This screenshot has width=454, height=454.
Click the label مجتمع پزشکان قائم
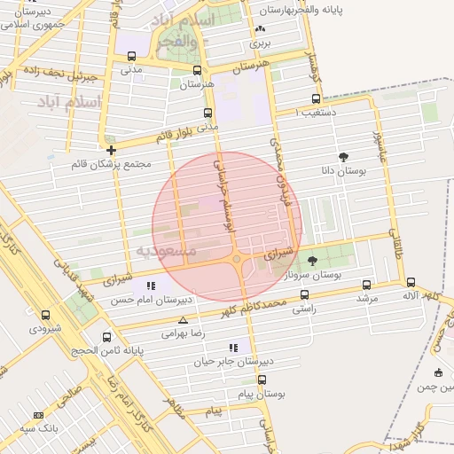click(x=116, y=164)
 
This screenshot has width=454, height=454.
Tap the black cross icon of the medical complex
click(x=111, y=151)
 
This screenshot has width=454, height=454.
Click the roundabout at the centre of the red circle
click(x=237, y=259)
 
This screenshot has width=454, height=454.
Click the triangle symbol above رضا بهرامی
click(x=183, y=320)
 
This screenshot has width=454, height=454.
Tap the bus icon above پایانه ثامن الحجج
click(x=107, y=337)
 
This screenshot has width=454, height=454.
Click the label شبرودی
click(x=46, y=328)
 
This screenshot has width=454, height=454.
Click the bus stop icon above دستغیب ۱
click(x=315, y=99)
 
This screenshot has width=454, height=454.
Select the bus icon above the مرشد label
click(x=367, y=286)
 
